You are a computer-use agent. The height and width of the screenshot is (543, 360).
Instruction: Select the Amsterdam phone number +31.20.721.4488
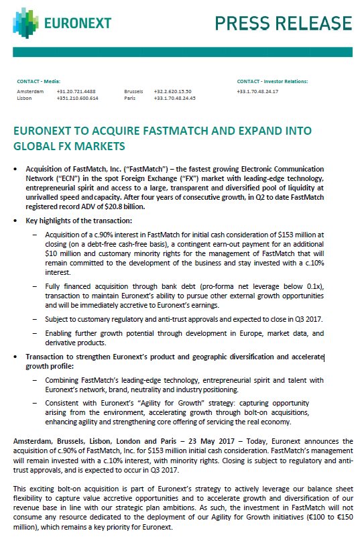point(74,91)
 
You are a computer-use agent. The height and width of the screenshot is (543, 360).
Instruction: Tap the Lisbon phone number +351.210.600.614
point(77,98)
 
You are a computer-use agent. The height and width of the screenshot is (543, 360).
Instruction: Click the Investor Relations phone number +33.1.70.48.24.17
point(257,91)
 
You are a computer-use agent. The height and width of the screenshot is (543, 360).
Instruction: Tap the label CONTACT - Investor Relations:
point(272,80)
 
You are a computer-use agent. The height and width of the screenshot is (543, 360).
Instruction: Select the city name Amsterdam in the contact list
point(30,91)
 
